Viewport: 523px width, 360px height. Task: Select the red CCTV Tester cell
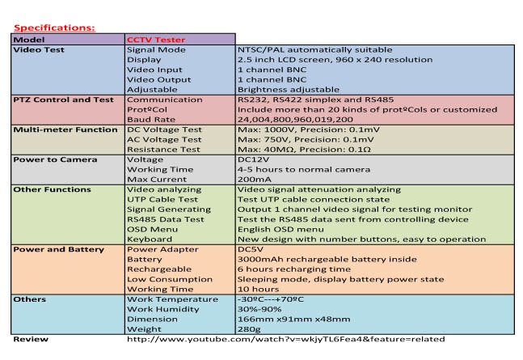[x=155, y=39]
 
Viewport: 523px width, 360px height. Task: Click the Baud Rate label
[x=150, y=118]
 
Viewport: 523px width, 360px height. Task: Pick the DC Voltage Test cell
[x=166, y=129]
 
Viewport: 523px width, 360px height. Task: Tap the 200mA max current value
[x=255, y=180]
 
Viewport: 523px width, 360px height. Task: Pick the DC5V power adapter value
[x=252, y=249]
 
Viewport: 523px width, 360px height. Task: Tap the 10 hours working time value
[x=258, y=289]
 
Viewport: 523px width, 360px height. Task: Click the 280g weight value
[x=251, y=328]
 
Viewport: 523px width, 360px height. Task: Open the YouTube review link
[x=285, y=340]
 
